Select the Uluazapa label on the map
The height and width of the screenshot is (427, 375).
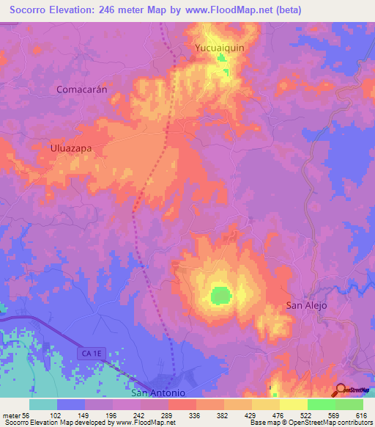point(71,147)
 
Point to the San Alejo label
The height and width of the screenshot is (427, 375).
point(305,305)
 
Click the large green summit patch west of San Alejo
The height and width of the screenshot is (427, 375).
point(220,295)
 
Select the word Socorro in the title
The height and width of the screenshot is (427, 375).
point(34,10)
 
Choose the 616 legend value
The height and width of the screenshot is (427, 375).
point(360,415)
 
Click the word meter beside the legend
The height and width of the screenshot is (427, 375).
point(10,415)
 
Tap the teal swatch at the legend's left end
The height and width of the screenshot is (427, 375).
point(43,404)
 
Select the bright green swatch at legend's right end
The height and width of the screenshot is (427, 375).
point(349,404)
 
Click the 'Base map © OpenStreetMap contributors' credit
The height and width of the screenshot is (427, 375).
point(311,423)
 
